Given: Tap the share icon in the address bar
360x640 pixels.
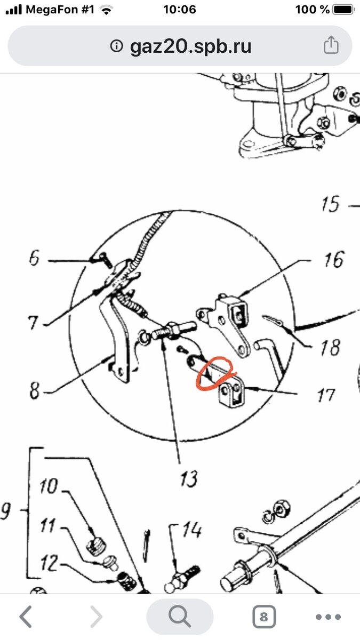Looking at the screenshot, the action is click(331, 45).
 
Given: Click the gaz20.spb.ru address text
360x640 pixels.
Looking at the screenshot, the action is click(190, 46).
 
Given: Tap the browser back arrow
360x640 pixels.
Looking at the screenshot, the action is click(26, 617).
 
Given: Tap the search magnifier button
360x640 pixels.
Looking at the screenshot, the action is click(180, 617).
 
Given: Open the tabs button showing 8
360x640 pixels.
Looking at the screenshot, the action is click(264, 617).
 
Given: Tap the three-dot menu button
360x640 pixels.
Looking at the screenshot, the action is click(329, 617).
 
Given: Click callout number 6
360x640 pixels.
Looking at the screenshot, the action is click(34, 258).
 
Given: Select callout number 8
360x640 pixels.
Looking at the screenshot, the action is click(35, 390).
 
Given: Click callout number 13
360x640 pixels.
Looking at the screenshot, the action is click(189, 479).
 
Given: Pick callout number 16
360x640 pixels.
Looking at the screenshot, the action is click(334, 259).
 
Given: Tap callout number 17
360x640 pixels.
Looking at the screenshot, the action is click(326, 395).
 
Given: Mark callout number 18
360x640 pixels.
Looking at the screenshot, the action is click(331, 347).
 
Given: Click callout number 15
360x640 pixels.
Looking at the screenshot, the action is click(331, 204).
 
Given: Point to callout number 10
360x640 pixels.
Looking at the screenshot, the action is click(49, 486).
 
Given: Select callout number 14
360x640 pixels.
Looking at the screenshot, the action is click(192, 531).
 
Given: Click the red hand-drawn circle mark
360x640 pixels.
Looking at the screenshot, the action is click(217, 373).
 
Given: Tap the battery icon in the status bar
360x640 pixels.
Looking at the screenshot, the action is click(343, 10).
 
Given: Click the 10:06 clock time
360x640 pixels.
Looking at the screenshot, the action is click(180, 10).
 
